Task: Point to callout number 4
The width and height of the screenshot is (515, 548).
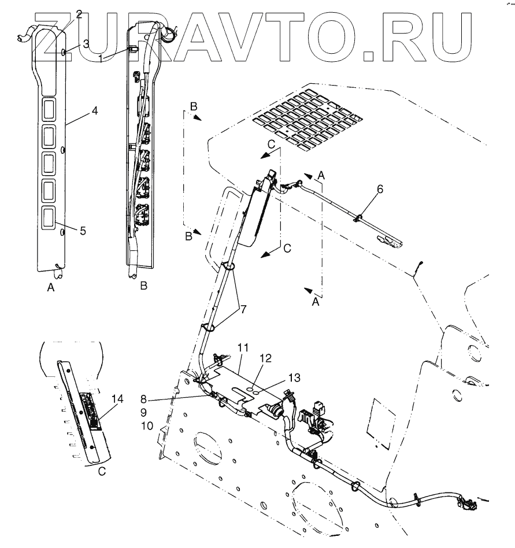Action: click(93, 109)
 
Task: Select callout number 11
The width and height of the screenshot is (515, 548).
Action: click(243, 348)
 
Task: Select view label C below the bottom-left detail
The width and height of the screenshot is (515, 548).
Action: click(102, 471)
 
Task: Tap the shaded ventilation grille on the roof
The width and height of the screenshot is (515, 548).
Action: click(309, 118)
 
